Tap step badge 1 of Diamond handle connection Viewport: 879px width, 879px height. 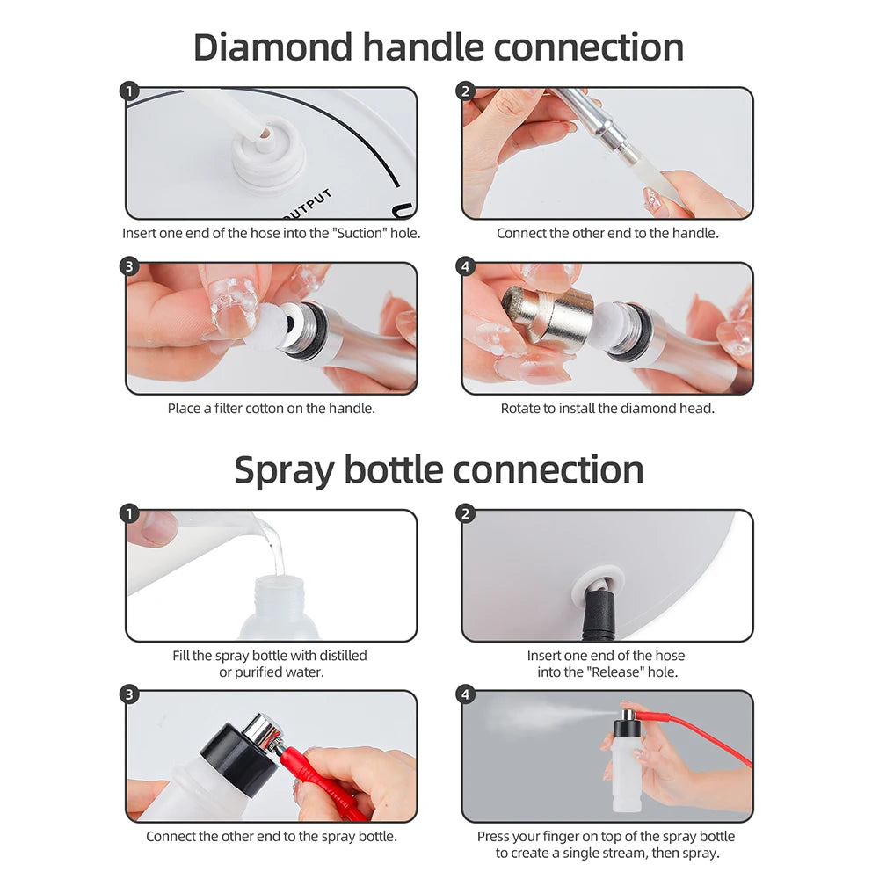coord(130,91)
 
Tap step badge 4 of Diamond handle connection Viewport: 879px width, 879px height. coord(466,267)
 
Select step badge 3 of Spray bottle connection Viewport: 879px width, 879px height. coord(130,695)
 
